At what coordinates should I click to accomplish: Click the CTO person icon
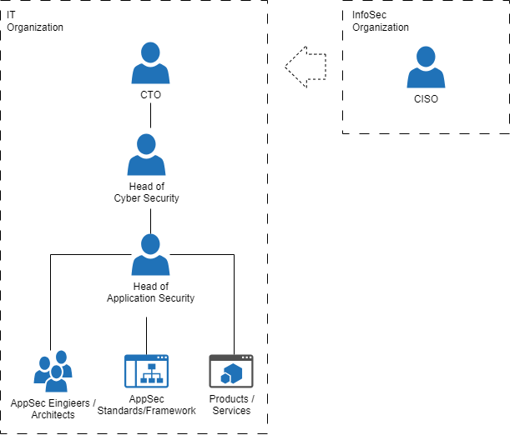coord(150,63)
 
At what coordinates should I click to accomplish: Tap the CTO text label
coord(150,95)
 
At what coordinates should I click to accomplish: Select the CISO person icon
coord(426,67)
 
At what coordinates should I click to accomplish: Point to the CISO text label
coord(426,98)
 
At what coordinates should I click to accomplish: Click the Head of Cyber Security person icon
coord(146,154)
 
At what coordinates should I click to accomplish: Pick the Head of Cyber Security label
coord(146,192)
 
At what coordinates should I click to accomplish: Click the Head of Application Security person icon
coord(150,255)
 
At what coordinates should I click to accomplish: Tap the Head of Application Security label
coord(150,292)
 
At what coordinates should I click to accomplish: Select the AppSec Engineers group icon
coord(53,371)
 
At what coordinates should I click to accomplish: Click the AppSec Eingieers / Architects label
coord(53,408)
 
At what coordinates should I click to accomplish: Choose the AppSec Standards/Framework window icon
coord(146,371)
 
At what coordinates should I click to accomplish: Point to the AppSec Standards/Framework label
coord(146,404)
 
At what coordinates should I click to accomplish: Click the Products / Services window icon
coord(231,371)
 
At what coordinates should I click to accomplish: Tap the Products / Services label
coord(231,404)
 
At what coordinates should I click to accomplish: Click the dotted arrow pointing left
coord(305,67)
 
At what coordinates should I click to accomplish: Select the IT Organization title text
coord(35,21)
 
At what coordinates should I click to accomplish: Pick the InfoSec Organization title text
coord(381,21)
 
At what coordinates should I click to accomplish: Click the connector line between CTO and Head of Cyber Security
coord(150,116)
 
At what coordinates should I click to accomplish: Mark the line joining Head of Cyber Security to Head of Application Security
coord(150,221)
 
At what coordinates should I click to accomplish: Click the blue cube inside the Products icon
coord(231,373)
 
